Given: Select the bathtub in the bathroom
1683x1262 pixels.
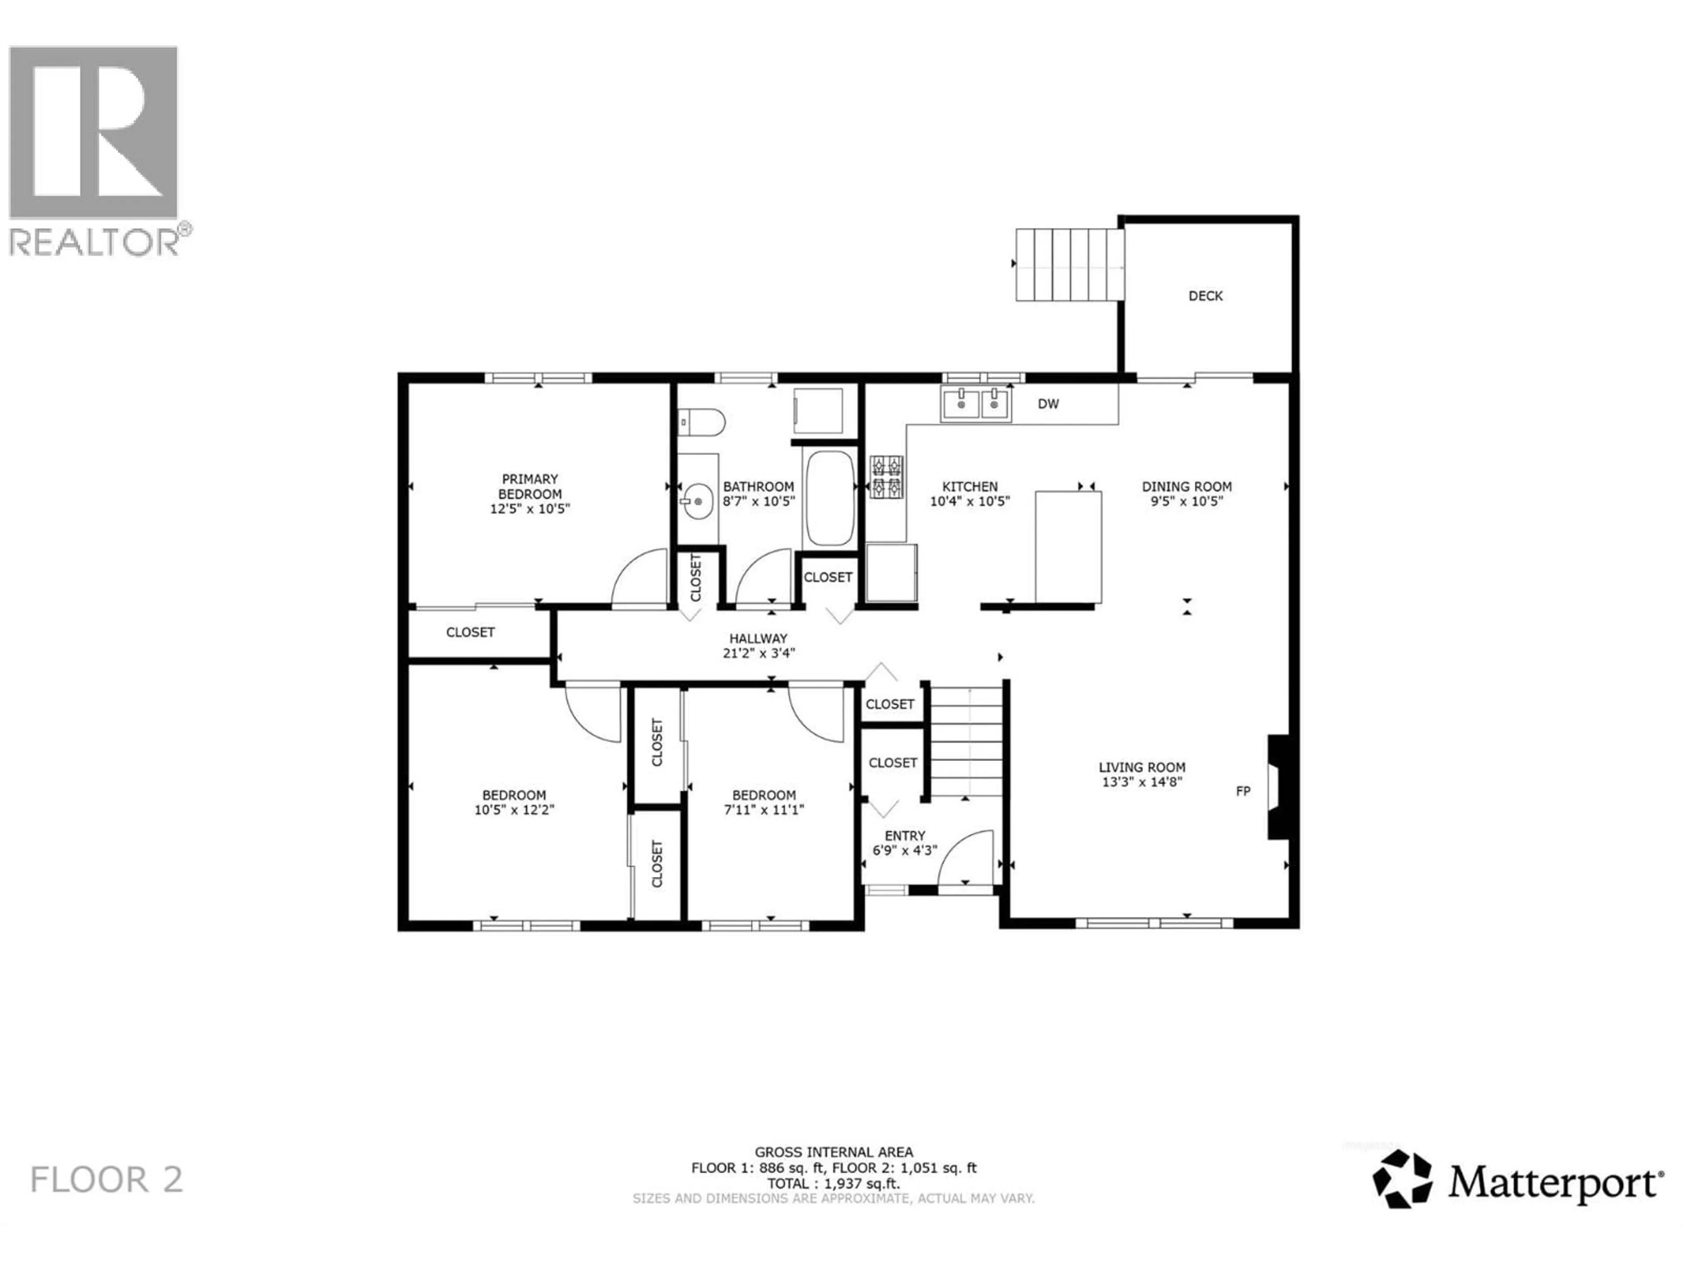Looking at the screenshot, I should click(829, 498).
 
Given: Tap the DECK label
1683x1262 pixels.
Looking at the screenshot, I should click(1205, 296).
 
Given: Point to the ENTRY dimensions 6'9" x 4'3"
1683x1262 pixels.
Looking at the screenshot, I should click(905, 851).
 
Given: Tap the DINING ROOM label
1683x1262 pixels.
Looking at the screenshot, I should click(1186, 486).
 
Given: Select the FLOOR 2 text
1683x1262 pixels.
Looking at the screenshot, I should click(107, 1180).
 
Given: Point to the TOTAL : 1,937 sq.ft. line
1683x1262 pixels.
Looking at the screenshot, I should click(833, 1184).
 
